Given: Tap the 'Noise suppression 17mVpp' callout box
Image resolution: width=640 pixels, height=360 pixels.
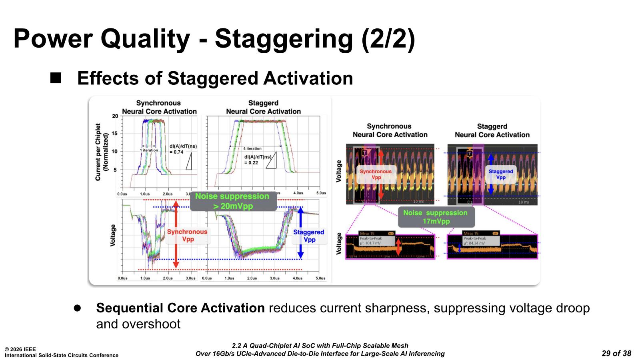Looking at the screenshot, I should pos(436,217).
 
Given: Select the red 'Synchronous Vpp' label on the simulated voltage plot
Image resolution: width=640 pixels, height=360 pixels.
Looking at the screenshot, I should pos(187,236).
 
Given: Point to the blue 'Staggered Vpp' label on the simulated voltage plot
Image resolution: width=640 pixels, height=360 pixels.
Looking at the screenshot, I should pos(309,236).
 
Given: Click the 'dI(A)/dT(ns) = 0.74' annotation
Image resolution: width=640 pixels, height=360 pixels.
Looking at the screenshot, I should pos(183,149).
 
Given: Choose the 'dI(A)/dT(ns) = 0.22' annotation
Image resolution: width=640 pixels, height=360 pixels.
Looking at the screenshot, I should pos(258,160).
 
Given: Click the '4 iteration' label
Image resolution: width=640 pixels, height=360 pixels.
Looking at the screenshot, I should pos(252,148).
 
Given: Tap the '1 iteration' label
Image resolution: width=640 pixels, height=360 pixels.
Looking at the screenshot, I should pos(149,150).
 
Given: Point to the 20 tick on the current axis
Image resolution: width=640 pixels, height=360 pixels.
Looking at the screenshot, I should pos(115,116).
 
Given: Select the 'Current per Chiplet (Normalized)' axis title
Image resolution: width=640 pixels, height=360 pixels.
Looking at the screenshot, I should pos(102,152).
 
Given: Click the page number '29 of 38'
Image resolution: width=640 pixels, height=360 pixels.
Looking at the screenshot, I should pos(616,353).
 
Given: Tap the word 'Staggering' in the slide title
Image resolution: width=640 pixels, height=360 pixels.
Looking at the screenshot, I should pos(284,39).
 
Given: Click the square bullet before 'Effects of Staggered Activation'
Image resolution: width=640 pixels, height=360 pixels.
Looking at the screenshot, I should pos(56,78).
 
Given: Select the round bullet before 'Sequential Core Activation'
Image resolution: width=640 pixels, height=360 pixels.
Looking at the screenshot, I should pos(77,308).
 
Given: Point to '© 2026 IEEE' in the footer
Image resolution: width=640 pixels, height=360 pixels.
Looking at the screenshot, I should pos(20,349).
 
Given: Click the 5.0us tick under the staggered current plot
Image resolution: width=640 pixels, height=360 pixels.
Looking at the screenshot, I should pos(321,193).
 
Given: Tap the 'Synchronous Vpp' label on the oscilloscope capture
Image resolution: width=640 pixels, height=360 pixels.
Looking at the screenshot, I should pos(376,174).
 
